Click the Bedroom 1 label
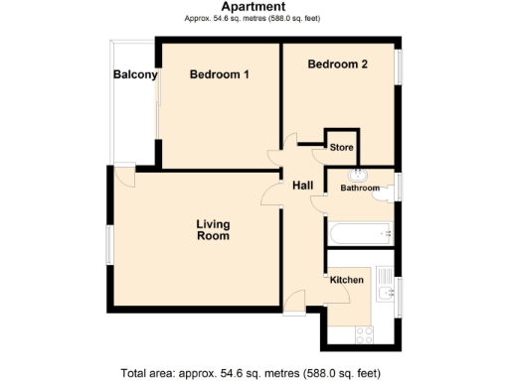click(219, 74)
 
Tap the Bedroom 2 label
click(337, 64)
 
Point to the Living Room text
click(213, 230)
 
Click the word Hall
click(303, 185)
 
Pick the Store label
click(342, 147)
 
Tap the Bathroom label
click(360, 188)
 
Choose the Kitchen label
click(347, 280)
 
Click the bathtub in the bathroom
click(360, 235)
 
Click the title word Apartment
click(254, 6)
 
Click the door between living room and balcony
click(124, 176)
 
